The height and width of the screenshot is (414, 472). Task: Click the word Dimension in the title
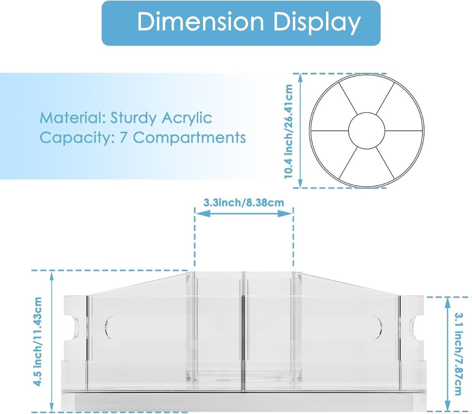point(201,22)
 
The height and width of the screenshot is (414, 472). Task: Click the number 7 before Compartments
point(123,138)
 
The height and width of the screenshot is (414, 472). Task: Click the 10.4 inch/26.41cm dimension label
point(288,131)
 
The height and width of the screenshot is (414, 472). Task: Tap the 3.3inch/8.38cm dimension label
point(244,202)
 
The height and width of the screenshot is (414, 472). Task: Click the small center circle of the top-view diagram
point(366,130)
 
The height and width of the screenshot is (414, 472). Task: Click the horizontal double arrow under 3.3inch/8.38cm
point(244,214)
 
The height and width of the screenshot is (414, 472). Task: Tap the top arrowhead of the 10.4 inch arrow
point(300,77)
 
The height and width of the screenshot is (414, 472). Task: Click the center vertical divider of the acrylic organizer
point(243,332)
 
